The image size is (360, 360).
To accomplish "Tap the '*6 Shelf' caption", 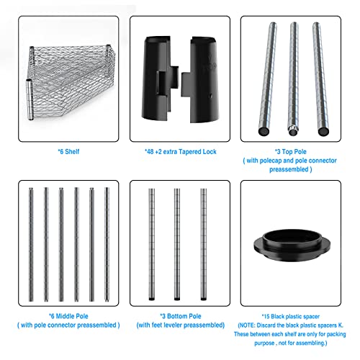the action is click(x=68, y=152).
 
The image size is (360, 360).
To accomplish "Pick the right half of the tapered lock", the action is click(x=201, y=80).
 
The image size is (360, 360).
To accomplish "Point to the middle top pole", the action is click(x=294, y=78).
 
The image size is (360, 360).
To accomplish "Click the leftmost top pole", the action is click(x=268, y=78).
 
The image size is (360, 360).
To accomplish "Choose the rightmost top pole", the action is click(x=320, y=78).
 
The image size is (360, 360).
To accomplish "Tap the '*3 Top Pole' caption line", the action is click(x=291, y=152).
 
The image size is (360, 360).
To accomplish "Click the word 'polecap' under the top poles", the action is click(x=271, y=161).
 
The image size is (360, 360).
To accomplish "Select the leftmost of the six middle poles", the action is click(x=31, y=244).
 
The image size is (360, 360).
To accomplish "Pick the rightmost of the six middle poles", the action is click(x=107, y=244).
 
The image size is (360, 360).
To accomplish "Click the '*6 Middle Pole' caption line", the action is click(x=68, y=316).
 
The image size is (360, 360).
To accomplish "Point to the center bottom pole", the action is click(x=177, y=244).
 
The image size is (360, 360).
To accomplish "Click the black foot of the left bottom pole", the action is click(x=151, y=299).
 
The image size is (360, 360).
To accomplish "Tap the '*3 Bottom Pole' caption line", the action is click(x=181, y=316).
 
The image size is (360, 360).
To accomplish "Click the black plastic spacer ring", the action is click(x=292, y=246).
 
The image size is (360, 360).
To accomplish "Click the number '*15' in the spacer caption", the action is click(x=266, y=317).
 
